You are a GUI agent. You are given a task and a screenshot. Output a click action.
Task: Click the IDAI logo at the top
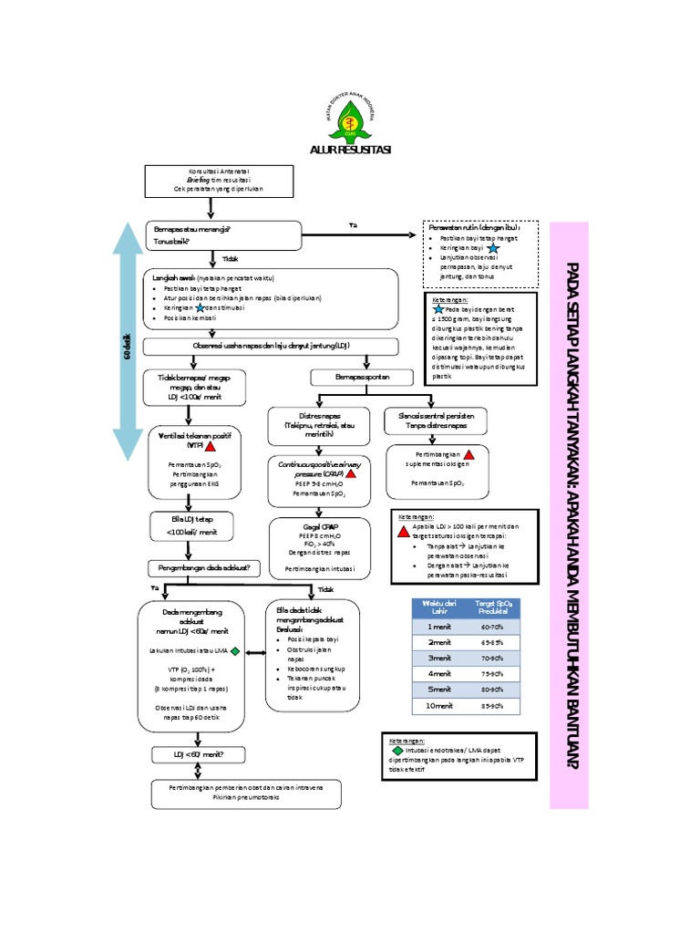(x=350, y=116)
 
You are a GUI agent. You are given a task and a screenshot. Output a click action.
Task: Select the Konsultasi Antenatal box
(x=220, y=181)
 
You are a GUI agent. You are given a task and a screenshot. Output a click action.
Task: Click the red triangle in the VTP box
(x=210, y=446)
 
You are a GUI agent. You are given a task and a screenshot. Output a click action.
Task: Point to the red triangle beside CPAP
(x=351, y=474)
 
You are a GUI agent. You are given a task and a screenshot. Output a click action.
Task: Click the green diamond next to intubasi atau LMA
(x=235, y=651)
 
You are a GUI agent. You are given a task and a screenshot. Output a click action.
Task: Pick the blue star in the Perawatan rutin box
(x=492, y=247)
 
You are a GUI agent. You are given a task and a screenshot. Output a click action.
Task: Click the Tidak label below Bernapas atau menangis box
(x=230, y=259)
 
